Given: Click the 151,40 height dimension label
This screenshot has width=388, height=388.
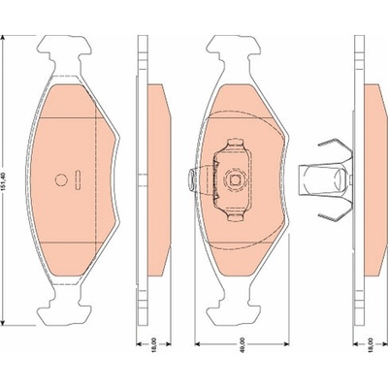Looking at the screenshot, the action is (x=4, y=181).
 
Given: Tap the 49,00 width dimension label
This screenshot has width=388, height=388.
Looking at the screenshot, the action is (x=242, y=344).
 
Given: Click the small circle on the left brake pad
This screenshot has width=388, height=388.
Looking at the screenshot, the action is (x=60, y=179).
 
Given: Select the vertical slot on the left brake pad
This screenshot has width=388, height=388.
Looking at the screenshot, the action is (x=78, y=179).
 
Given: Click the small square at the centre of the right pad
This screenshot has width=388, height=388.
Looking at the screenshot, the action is (x=235, y=179).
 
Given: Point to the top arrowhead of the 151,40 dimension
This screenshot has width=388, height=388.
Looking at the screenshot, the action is (x=3, y=38).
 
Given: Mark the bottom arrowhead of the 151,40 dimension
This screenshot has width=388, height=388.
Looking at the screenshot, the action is (x=3, y=322).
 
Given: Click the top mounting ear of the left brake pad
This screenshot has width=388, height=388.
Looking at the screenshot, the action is (x=64, y=49).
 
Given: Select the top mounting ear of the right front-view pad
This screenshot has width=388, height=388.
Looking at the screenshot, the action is (x=234, y=49).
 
